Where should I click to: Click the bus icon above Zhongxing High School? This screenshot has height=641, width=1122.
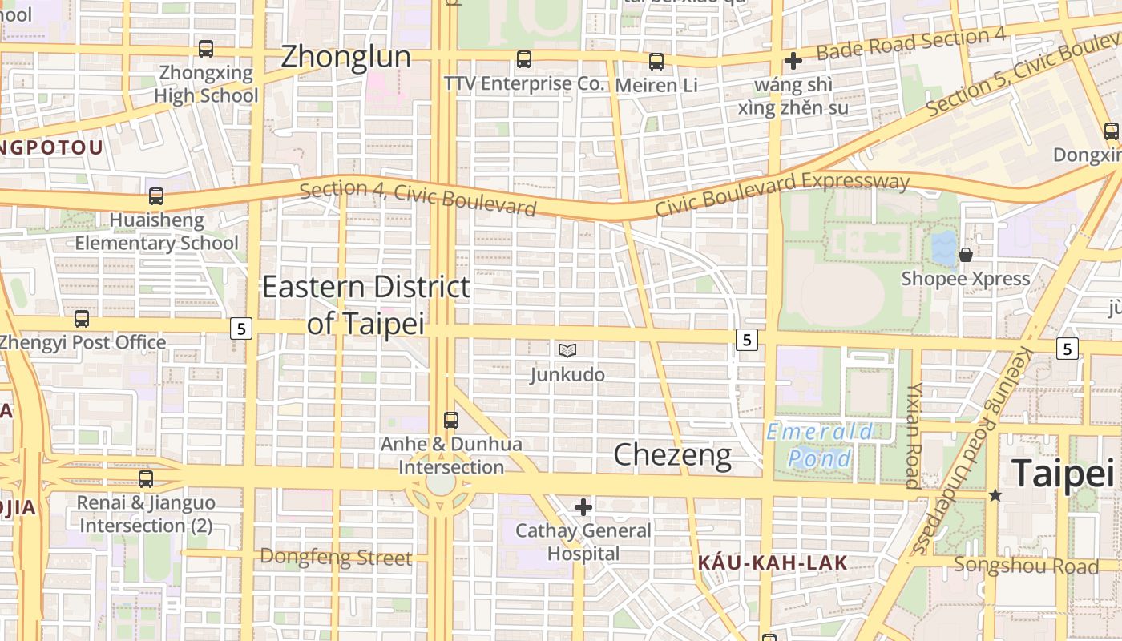[x=206, y=49]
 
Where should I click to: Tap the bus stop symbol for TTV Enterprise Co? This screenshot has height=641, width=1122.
[x=524, y=59]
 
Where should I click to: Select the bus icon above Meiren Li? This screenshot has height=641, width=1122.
[x=656, y=62]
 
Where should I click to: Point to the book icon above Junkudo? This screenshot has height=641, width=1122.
[x=567, y=350]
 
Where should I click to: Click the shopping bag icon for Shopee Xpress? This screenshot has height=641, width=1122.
[x=966, y=255]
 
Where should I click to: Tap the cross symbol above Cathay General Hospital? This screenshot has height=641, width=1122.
[x=583, y=506]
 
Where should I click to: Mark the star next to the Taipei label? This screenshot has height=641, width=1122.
[x=995, y=495]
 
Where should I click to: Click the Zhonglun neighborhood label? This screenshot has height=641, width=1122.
[x=345, y=57]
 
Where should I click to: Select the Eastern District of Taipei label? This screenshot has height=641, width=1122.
[x=366, y=304]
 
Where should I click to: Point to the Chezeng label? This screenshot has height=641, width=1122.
[x=672, y=455]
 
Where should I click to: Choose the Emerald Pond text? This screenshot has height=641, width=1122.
[x=820, y=445]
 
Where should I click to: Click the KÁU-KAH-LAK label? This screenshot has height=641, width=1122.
[x=772, y=562]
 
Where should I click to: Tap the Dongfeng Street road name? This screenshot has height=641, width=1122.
[x=336, y=557]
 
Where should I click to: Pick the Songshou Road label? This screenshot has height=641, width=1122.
[x=1026, y=566]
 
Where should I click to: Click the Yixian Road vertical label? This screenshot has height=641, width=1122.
[x=914, y=435]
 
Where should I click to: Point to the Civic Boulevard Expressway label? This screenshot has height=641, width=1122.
[x=782, y=193]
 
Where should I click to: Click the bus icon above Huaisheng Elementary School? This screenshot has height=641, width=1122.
[x=156, y=196]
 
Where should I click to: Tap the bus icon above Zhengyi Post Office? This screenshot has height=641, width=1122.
[x=82, y=319]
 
